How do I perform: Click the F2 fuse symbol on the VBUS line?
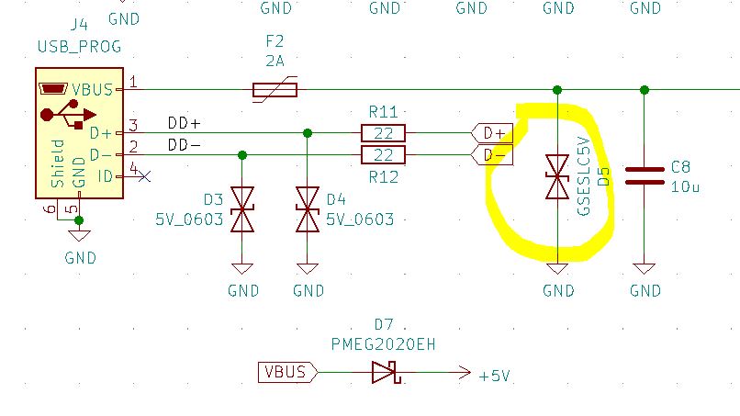pyautogui.click(x=275, y=89)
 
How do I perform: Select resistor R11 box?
pyautogui.click(x=383, y=133)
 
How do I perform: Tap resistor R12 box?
pyautogui.click(x=383, y=155)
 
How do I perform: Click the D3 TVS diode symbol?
pyautogui.click(x=242, y=209)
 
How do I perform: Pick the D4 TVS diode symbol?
pyautogui.click(x=308, y=209)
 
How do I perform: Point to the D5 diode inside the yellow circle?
pyautogui.click(x=557, y=176)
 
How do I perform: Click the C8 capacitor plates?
pyautogui.click(x=645, y=175)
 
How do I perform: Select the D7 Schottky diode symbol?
pyautogui.click(x=386, y=373)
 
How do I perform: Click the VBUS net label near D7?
pyautogui.click(x=288, y=372)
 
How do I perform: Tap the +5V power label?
pyautogui.click(x=494, y=377)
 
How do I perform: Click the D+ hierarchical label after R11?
pyautogui.click(x=492, y=133)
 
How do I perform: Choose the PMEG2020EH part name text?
pyautogui.click(x=383, y=344)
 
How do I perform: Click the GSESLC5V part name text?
pyautogui.click(x=584, y=176)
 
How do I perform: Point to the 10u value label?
pyautogui.click(x=685, y=187)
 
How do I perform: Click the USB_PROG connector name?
pyautogui.click(x=79, y=47)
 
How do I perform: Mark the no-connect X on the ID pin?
pyautogui.click(x=144, y=176)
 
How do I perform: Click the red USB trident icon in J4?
pyautogui.click(x=69, y=114)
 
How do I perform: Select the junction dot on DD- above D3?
pyautogui.click(x=242, y=155)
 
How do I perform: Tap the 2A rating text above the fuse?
pyautogui.click(x=275, y=61)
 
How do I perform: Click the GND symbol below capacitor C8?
pyautogui.click(x=645, y=269)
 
